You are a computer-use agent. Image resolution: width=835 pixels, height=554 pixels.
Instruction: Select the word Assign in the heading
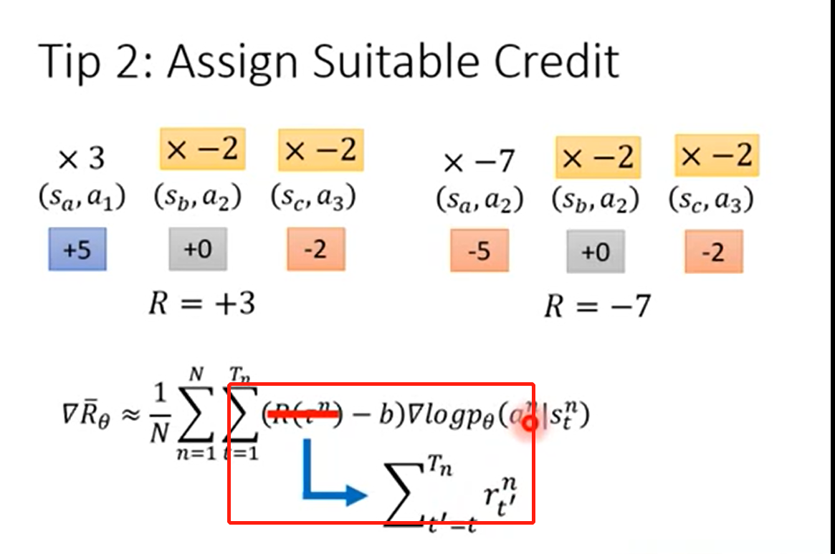232,62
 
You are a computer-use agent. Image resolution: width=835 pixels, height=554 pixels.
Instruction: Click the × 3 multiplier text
81,160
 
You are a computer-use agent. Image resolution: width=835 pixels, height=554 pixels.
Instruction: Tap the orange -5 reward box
479,252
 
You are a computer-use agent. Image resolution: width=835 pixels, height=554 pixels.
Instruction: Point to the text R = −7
597,306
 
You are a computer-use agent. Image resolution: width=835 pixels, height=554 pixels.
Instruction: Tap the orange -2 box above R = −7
713,252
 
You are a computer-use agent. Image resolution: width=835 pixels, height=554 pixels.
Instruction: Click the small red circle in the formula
530,423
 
